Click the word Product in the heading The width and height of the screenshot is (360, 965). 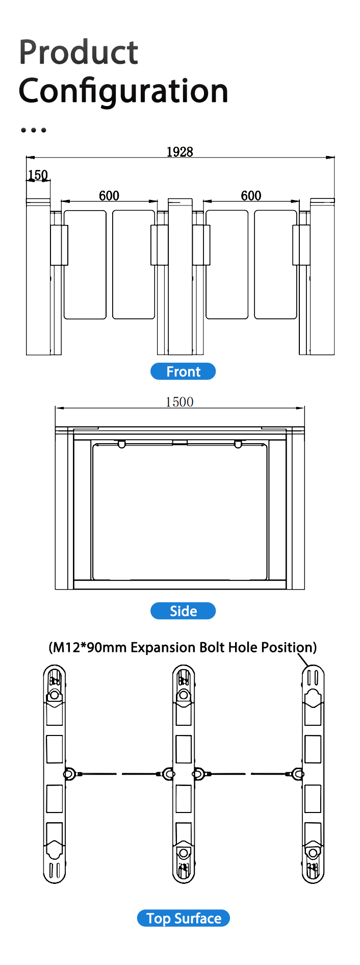79,53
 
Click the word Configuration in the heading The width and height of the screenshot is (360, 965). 123,91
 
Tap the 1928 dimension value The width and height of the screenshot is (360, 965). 180,151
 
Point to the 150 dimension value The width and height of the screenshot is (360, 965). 38,175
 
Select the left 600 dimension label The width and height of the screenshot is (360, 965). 109,195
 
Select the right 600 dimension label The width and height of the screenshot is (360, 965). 251,195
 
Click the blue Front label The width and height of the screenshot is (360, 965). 183,371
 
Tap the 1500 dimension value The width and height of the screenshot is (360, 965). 179,402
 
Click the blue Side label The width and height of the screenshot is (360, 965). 183,611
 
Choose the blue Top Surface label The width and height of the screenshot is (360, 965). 184,918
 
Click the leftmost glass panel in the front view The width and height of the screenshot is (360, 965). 85,265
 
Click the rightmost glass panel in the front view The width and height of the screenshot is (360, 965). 276,265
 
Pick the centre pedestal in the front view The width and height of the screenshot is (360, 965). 181,277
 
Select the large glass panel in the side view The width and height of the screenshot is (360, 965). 180,512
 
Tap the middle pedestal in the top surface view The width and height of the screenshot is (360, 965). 184,774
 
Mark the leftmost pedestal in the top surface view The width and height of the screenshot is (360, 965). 55,774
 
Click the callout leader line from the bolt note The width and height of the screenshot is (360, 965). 303,661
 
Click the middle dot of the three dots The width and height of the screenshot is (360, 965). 34,130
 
